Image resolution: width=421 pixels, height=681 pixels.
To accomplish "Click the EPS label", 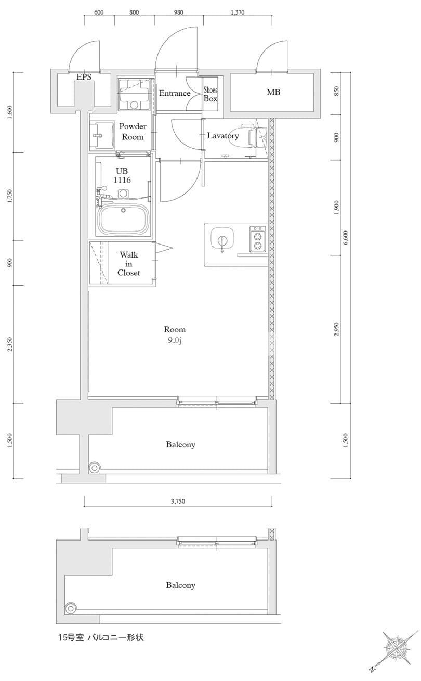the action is click(x=84, y=77).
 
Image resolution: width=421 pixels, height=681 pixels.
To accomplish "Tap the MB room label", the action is click(x=273, y=92).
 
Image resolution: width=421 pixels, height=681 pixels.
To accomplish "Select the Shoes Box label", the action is click(x=210, y=94).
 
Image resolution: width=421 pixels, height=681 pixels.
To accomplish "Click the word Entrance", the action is click(x=175, y=93).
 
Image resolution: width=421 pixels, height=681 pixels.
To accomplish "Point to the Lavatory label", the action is click(x=223, y=136).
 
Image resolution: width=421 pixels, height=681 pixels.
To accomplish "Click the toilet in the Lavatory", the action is click(x=255, y=136).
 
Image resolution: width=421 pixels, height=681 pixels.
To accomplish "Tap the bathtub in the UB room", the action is click(x=123, y=219).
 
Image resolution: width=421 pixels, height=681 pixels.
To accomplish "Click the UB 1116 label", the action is click(x=122, y=175).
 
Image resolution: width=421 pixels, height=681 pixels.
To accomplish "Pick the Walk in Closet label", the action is click(x=129, y=264).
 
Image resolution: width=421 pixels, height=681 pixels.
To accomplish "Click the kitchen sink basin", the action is click(x=222, y=237).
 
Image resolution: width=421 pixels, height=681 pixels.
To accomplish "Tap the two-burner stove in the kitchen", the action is click(x=258, y=239).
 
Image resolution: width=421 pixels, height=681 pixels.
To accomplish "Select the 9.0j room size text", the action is click(x=175, y=340).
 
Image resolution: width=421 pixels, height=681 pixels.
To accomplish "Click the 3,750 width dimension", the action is click(x=178, y=502).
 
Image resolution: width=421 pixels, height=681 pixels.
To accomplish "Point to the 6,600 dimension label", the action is click(x=346, y=238).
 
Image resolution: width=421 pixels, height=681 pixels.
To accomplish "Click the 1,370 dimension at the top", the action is click(x=238, y=12).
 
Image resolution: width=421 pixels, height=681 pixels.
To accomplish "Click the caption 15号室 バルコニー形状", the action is click(x=101, y=637).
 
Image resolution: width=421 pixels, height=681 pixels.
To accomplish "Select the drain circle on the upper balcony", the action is click(x=95, y=468).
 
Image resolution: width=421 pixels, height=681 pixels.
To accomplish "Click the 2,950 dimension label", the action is click(x=336, y=329).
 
